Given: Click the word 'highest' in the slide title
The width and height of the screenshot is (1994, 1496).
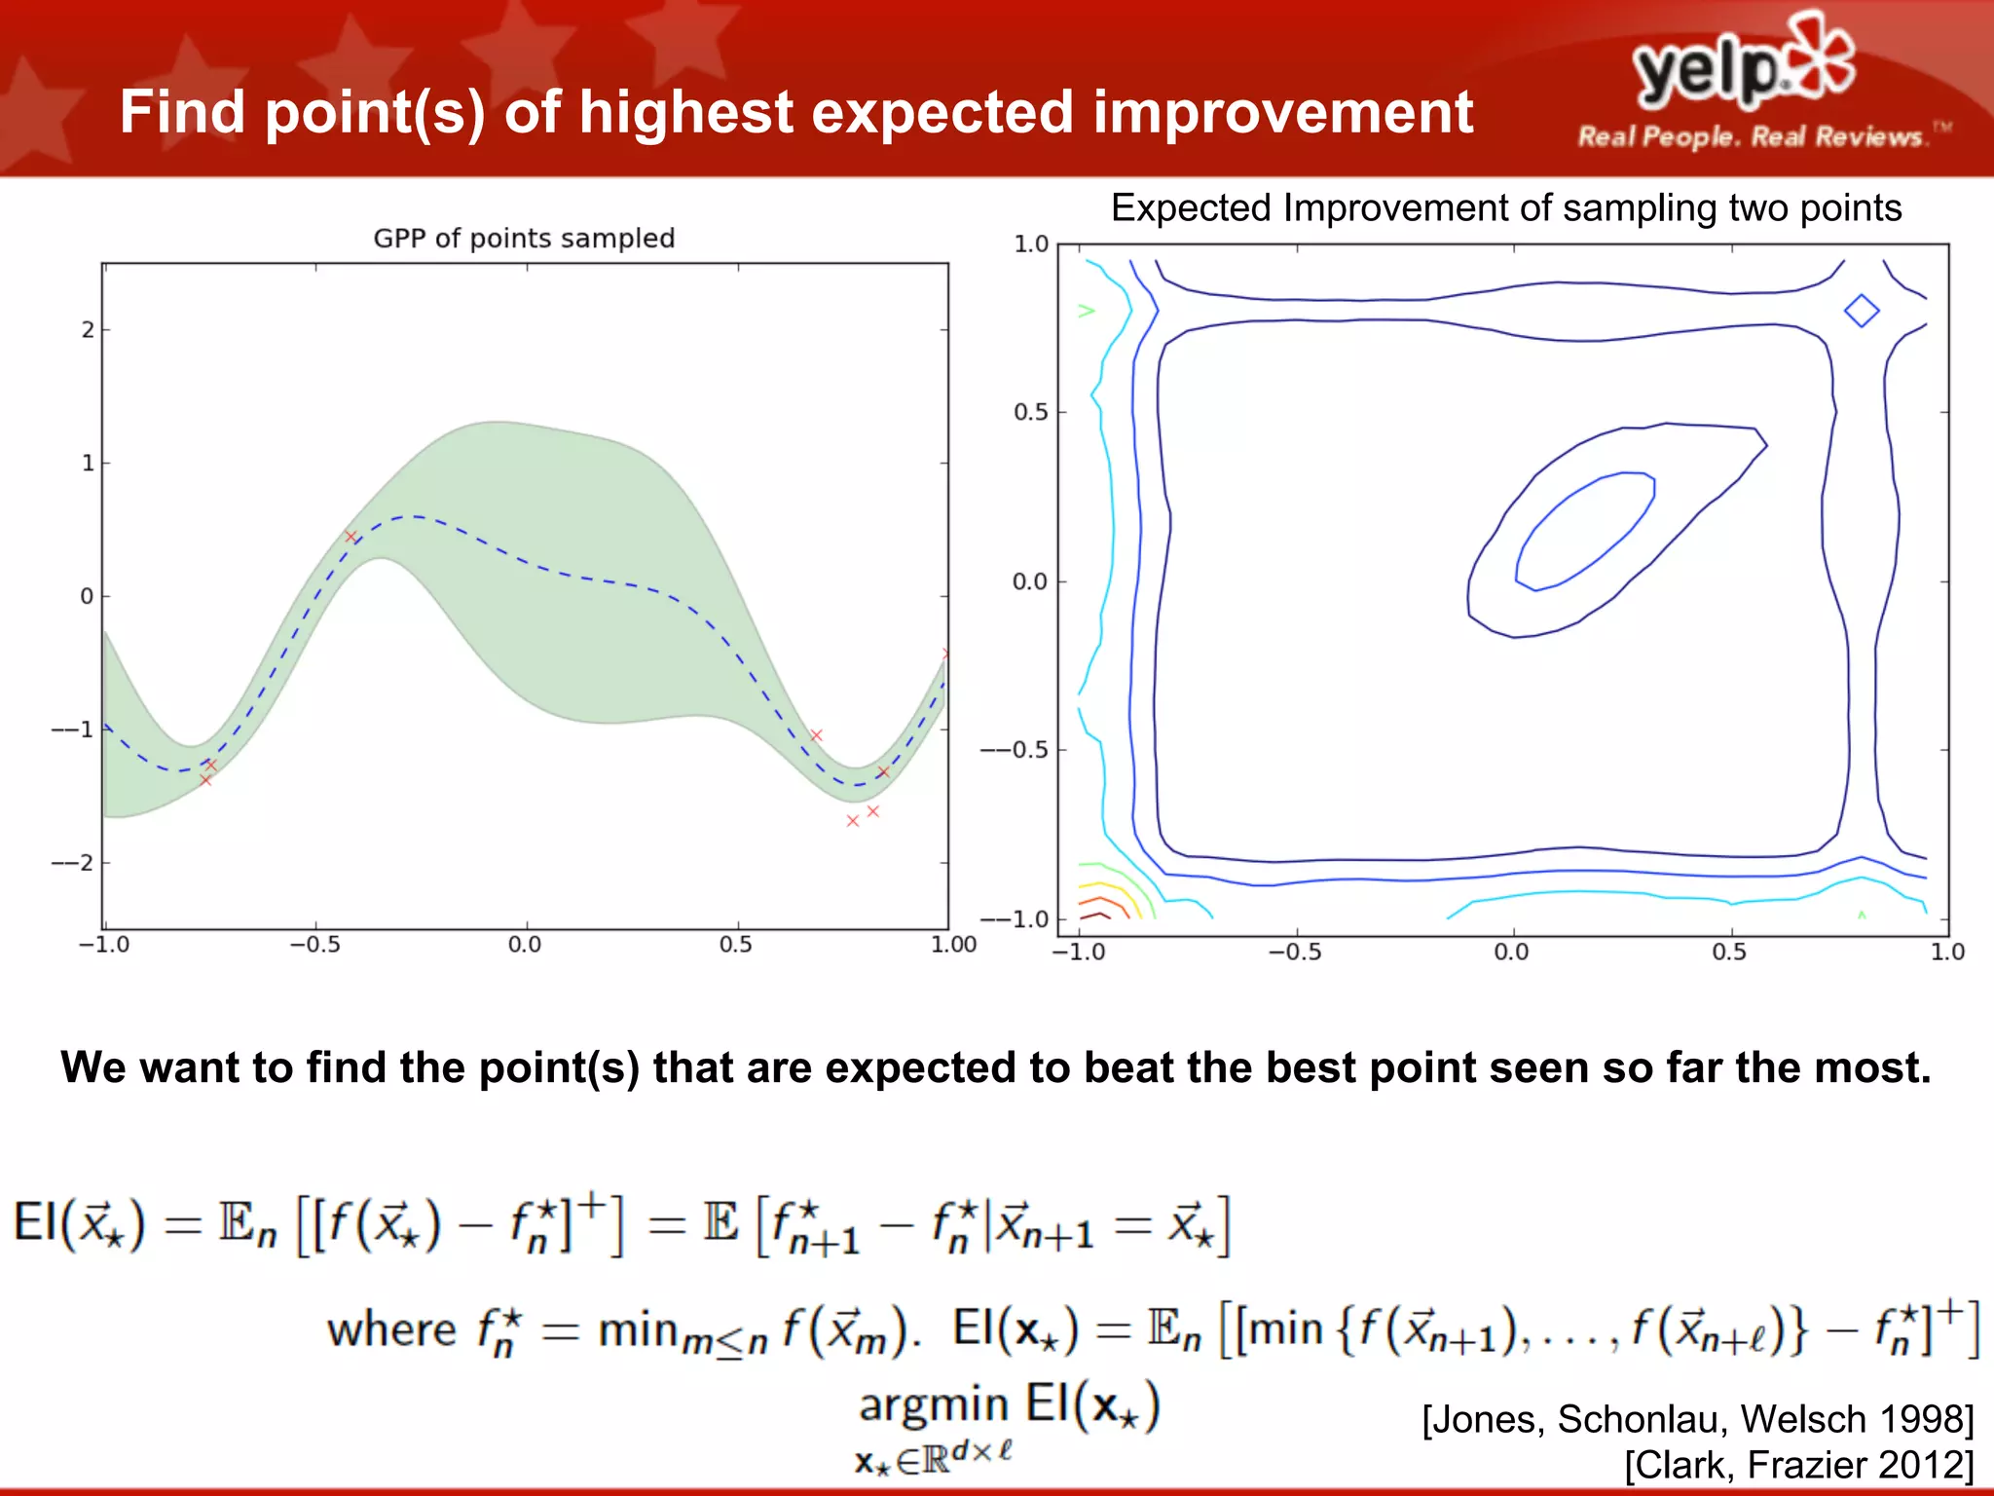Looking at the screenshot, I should point(686,112).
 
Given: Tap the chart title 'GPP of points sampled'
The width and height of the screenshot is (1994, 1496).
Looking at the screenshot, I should point(524,239).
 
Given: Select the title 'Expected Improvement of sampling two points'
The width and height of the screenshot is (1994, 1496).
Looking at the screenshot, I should point(1505,208).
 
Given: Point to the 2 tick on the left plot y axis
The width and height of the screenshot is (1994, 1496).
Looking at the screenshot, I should point(88,330).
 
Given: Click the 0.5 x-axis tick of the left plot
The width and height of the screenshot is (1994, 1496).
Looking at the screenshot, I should point(735,945).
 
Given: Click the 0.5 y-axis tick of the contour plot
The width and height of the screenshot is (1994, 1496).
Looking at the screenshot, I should point(1030,412).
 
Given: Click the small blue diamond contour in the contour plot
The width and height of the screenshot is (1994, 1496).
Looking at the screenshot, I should point(1862,311).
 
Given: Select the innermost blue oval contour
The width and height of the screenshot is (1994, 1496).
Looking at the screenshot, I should point(1585,531).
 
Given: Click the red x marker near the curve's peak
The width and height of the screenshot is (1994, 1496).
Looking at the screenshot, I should point(351,537).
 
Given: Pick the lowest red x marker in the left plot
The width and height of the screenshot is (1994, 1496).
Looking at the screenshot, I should point(853,821).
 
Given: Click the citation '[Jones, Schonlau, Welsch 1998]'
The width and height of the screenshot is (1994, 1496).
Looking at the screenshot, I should point(1697,1419).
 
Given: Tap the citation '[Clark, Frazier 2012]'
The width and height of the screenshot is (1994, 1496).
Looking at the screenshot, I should point(1798,1465).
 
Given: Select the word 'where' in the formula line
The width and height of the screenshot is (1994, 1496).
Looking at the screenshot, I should point(391,1330).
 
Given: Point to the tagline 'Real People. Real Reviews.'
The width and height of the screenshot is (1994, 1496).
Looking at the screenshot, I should point(1752,136).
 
